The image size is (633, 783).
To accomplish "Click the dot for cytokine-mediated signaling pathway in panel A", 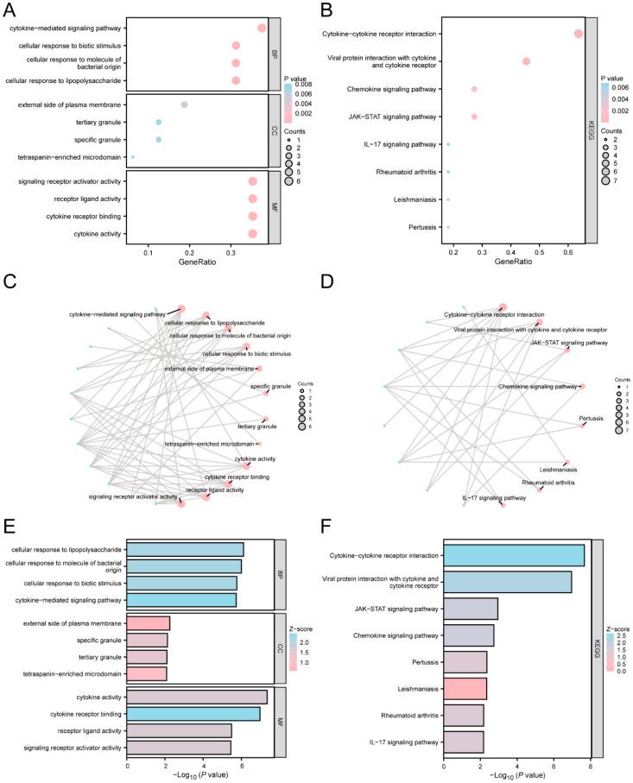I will coord(262,28).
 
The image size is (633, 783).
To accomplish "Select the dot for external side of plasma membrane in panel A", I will coord(184,104).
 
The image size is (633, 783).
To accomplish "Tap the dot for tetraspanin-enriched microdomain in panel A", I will coord(132,157).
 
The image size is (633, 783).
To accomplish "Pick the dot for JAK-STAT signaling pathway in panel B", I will coord(474,117).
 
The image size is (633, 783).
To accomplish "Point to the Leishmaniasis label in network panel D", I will coord(558,470).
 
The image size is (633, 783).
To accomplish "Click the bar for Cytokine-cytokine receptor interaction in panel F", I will coord(515,555).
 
